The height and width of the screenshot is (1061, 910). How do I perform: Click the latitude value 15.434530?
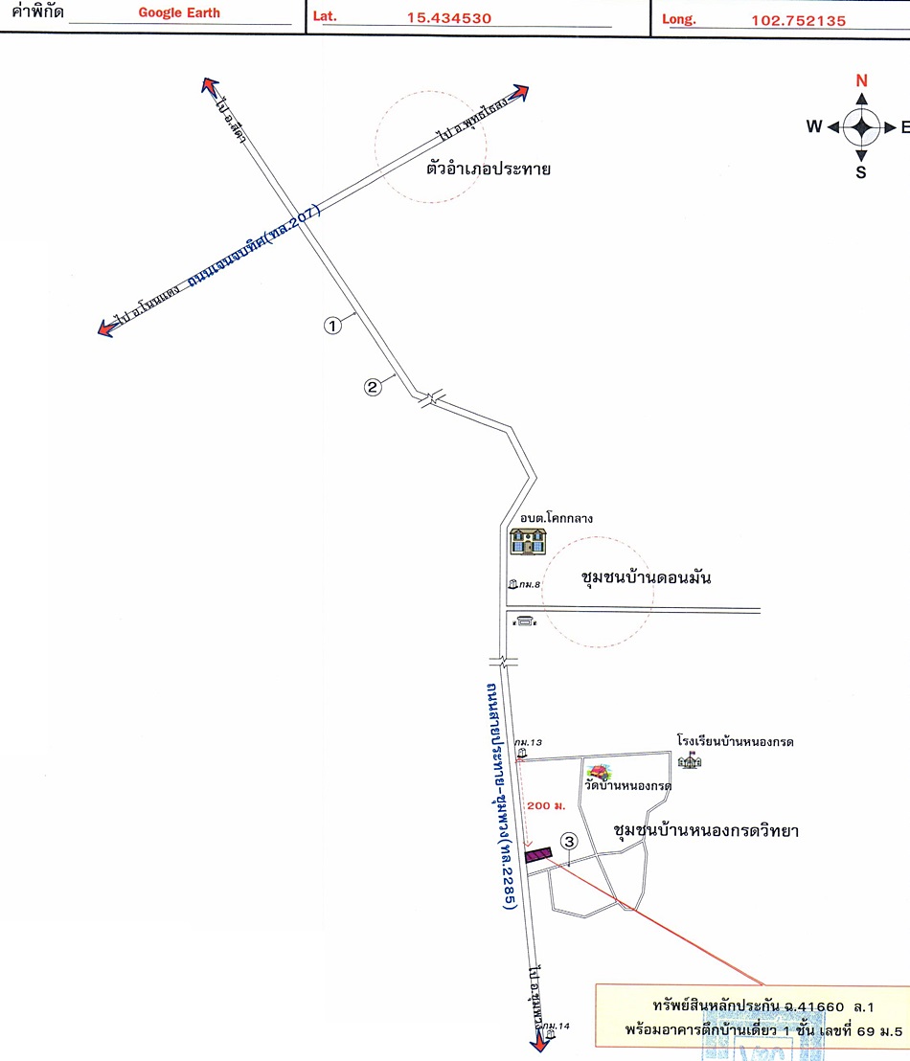point(448,18)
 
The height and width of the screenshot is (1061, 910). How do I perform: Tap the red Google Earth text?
point(179,13)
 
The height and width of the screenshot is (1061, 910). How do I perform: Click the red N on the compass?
point(861,80)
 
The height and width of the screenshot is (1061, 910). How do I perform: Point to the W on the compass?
point(814,126)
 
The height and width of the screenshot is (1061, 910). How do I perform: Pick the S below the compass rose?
point(861,172)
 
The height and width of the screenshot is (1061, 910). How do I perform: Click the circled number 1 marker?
point(332,326)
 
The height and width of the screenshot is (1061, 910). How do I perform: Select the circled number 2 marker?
point(374,387)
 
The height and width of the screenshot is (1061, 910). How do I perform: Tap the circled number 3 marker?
point(569,842)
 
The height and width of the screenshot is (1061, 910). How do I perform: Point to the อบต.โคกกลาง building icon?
point(527,542)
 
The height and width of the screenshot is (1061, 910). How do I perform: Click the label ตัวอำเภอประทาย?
point(489,169)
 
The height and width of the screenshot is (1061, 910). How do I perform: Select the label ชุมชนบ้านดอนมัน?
point(647,578)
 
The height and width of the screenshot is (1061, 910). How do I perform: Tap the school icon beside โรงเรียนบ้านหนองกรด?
point(690,760)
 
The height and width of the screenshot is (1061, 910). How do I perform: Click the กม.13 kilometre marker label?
point(529,742)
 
